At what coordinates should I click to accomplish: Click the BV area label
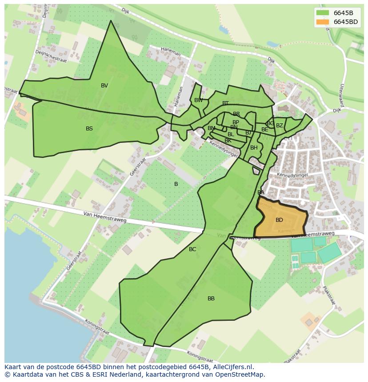point(104,86)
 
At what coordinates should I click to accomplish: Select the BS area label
point(89,129)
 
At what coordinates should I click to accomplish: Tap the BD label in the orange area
point(279,220)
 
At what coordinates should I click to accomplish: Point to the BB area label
point(211,299)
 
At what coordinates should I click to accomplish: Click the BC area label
point(192,249)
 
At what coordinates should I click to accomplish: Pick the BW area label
point(199,100)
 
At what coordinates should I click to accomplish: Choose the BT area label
point(225,103)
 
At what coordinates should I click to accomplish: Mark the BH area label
point(254,148)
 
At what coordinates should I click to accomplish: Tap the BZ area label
point(280,126)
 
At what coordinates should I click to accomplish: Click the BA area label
point(261,193)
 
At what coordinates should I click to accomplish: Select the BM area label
point(212,128)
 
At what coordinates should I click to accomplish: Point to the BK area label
point(228,141)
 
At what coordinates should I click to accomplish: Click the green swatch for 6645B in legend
point(323,13)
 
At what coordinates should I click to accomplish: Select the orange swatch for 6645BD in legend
point(323,22)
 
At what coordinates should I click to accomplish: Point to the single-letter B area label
point(176,184)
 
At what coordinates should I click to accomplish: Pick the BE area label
point(265,130)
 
